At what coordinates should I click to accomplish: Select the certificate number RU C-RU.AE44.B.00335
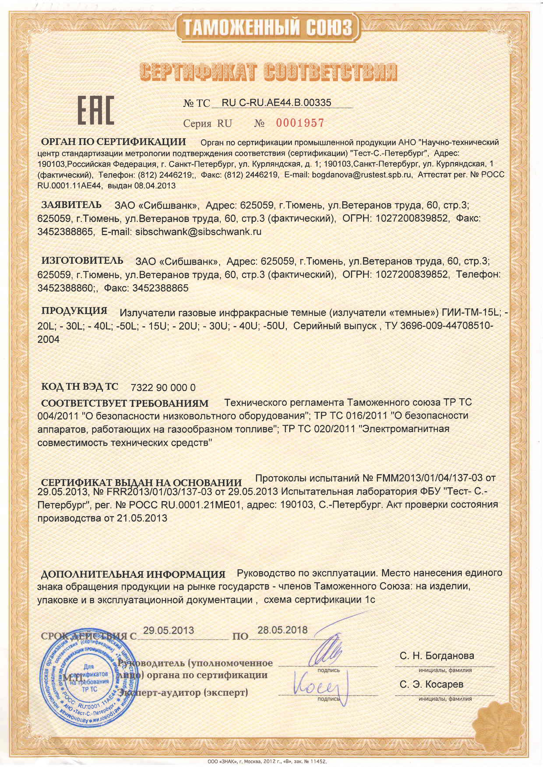coord(276,103)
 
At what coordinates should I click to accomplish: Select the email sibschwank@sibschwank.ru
coord(198,232)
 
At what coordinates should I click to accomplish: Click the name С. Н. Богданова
coord(437,655)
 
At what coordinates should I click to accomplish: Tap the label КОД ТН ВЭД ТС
coord(79,386)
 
